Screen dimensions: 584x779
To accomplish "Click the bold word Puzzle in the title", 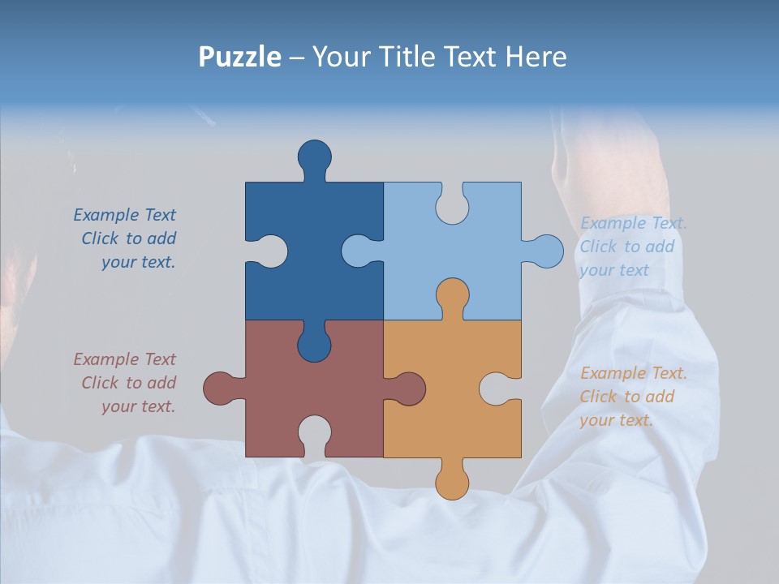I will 240,57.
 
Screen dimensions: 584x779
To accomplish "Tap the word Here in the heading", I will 536,57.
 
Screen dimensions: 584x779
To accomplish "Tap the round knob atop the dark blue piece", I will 314,157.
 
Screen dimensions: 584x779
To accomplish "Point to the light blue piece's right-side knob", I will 546,251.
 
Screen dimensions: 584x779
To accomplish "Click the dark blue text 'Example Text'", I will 124,215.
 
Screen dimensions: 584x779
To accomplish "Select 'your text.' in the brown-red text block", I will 138,406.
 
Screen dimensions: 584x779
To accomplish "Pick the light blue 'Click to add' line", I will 626,247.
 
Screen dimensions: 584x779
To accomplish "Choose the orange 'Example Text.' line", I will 633,373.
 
